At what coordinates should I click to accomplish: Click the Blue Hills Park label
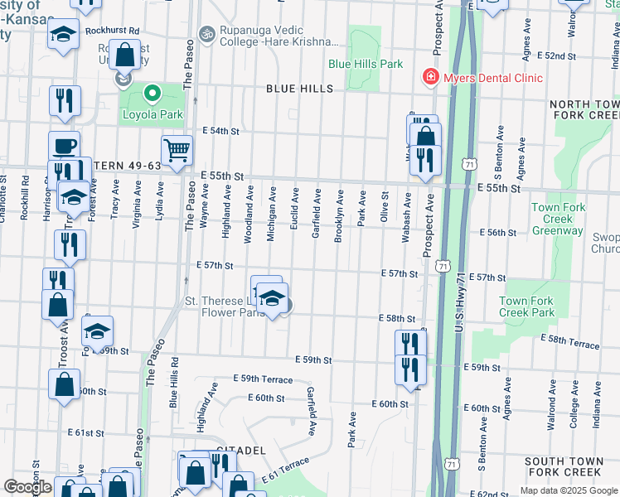coord(366,63)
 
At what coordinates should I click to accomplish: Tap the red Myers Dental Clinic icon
coord(430,78)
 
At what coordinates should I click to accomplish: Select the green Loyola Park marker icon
coord(152,94)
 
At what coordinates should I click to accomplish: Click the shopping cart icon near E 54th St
coord(177,151)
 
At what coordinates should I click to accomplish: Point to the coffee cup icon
coord(64,147)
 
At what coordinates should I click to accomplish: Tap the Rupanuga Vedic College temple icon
coord(205,37)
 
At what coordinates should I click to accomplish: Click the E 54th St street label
coord(221,131)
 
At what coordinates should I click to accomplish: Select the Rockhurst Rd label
coord(117,30)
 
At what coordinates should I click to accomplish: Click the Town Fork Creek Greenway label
coord(558,220)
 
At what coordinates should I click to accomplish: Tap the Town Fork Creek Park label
coord(527,306)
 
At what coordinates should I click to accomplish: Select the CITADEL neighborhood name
coord(240,450)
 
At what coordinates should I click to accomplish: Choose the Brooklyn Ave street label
coord(339,215)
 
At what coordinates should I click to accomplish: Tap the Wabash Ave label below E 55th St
coord(406,216)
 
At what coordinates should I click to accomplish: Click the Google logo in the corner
coord(27,486)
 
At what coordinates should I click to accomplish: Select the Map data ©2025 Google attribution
coord(568,490)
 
